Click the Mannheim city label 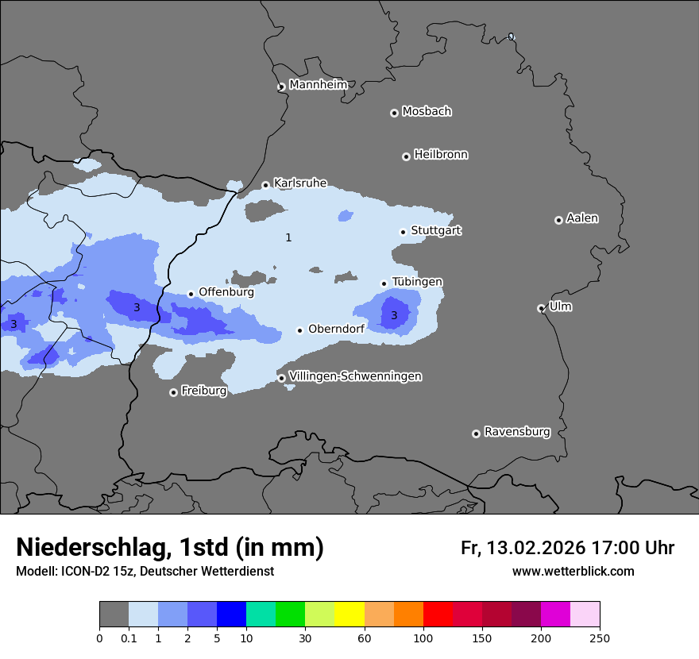[319, 85]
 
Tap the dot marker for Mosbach [394, 113]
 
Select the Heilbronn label [441, 155]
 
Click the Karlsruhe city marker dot [265, 186]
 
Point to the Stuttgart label [436, 231]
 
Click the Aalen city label [582, 218]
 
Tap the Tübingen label [417, 282]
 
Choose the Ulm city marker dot [541, 308]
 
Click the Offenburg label [226, 292]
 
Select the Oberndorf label [336, 329]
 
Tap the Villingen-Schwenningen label [355, 376]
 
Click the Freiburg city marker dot [173, 392]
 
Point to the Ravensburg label [517, 432]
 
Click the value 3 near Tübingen [394, 316]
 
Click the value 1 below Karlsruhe [288, 237]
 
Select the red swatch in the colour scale [438, 615]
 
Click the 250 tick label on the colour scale [600, 638]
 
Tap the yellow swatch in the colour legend [349, 615]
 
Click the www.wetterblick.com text [573, 572]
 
